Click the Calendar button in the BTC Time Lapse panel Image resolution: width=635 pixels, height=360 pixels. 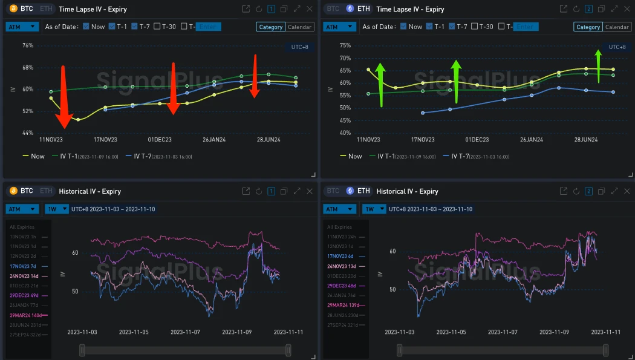click(300, 27)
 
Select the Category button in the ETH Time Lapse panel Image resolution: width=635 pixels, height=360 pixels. click(588, 27)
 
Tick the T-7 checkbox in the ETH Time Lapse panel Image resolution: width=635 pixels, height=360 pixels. click(462, 27)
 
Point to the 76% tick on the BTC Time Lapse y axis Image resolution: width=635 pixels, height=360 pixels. click(28, 45)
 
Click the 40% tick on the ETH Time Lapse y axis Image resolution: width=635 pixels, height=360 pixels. click(345, 133)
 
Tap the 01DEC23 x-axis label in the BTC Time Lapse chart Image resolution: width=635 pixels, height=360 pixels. click(160, 140)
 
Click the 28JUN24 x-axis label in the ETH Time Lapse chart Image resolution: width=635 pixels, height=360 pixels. click(585, 140)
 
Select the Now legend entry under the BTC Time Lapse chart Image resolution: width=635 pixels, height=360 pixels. click(34, 156)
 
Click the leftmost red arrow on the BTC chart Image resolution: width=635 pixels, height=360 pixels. click(63, 97)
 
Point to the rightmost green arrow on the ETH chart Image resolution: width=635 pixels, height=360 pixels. click(599, 65)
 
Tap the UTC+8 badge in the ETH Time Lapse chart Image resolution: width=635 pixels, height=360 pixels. click(617, 47)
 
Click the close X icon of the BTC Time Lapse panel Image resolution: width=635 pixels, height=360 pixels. click(310, 8)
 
